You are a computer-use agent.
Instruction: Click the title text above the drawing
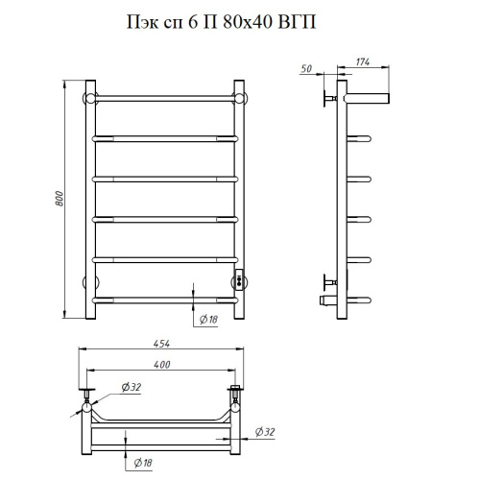click(x=222, y=22)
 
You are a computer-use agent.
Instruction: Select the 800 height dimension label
click(x=60, y=199)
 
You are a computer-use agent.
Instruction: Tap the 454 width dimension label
click(x=161, y=344)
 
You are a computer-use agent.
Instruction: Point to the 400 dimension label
click(x=161, y=364)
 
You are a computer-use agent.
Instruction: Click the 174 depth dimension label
click(x=363, y=61)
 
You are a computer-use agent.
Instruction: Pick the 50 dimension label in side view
click(x=306, y=69)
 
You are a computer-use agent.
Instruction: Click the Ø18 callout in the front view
click(x=208, y=319)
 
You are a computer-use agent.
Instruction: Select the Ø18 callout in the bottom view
click(x=143, y=463)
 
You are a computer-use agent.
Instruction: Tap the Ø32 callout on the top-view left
click(x=132, y=387)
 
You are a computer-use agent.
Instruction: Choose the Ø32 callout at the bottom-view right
click(x=265, y=432)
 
